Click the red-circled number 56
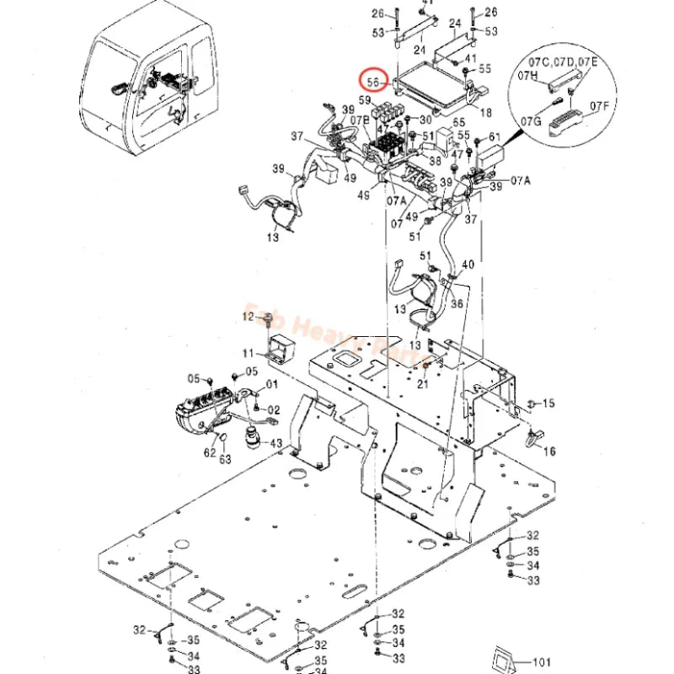tap(372, 82)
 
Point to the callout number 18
tap(486, 111)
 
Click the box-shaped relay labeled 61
tap(489, 157)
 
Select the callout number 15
tap(548, 404)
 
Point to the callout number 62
tap(209, 452)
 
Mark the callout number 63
tap(225, 458)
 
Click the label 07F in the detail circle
tap(599, 105)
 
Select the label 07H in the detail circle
tap(527, 76)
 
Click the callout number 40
tap(468, 265)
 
